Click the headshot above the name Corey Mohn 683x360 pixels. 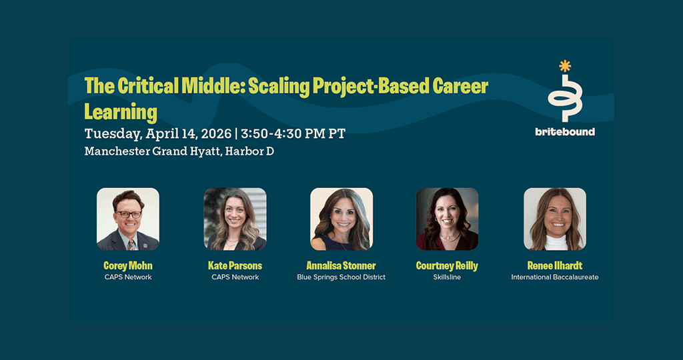[x=127, y=219]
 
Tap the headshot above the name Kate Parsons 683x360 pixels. [x=235, y=219]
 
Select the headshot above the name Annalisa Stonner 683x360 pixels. [x=341, y=219]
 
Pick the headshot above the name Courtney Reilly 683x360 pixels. [x=448, y=219]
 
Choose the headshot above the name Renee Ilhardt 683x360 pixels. [x=555, y=219]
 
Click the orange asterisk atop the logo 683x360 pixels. [x=565, y=66]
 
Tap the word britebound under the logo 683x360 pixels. [x=565, y=132]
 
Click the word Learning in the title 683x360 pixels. [x=121, y=112]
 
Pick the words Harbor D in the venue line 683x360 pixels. [x=249, y=151]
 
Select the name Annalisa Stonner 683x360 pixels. [x=341, y=265]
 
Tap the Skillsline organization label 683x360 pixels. [x=447, y=277]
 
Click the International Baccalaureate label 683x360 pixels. [x=555, y=277]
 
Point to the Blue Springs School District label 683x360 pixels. [x=341, y=277]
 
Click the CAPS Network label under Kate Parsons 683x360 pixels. [x=235, y=277]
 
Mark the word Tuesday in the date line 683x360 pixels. [x=113, y=134]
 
